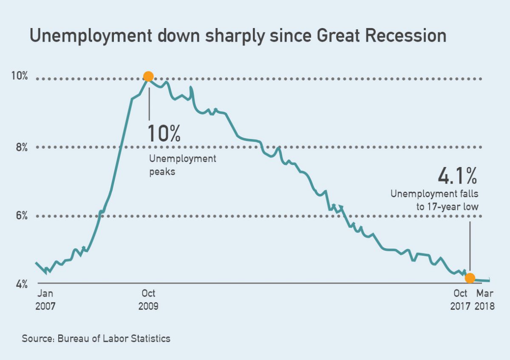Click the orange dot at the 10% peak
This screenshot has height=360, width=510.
pos(148,77)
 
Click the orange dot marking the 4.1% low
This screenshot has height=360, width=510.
pos(470,278)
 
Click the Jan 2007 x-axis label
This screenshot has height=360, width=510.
pos(45,299)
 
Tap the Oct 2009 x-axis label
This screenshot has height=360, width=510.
pos(148,299)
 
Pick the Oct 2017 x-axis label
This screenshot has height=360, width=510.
pos(460,299)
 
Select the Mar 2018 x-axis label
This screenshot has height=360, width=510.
pos(485,299)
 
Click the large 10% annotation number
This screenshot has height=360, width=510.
pos(164,133)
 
